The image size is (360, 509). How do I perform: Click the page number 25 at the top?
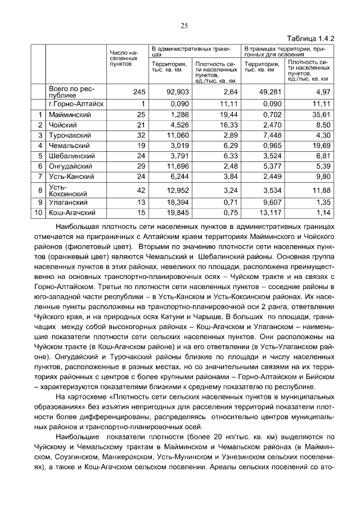click(x=183, y=25)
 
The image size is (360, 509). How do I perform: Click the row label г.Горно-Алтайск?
click(x=76, y=104)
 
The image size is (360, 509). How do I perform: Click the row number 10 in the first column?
click(x=38, y=213)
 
